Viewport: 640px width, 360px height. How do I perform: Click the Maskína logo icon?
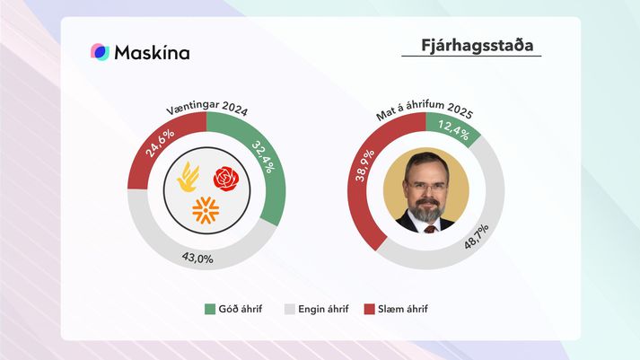[x=100, y=52]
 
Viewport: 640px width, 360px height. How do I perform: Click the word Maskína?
[x=153, y=53]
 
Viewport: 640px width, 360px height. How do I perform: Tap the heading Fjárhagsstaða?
[x=478, y=45]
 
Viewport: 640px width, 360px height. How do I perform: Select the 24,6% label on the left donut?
[x=160, y=143]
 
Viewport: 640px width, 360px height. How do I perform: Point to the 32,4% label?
[x=263, y=157]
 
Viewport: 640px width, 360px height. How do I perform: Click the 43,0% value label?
[x=197, y=258]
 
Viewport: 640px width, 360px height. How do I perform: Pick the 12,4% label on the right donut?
[x=453, y=129]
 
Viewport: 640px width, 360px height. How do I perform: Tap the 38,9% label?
[x=364, y=165]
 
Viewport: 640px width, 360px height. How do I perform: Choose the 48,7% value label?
[x=476, y=237]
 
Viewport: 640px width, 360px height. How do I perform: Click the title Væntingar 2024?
[x=207, y=108]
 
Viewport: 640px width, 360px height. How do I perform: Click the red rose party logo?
[x=226, y=179]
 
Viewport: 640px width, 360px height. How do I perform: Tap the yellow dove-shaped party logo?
[x=188, y=177]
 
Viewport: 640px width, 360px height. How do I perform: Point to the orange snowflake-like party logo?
[x=206, y=211]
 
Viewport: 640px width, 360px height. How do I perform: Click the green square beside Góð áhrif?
[x=210, y=309]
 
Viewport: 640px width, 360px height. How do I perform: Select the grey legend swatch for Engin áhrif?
[x=289, y=309]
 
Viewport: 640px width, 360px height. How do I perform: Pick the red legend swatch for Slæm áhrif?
[x=370, y=309]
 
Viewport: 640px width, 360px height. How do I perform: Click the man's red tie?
[x=430, y=229]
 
